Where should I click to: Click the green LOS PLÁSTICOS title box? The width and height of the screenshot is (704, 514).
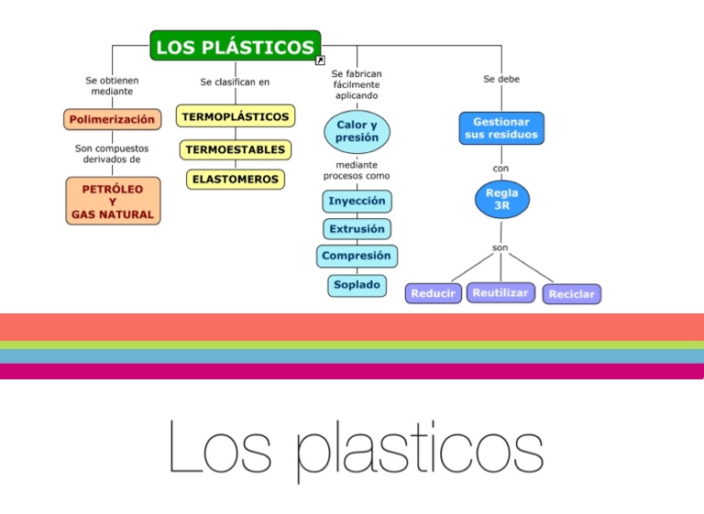[235, 47]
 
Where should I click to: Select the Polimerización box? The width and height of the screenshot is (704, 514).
[112, 120]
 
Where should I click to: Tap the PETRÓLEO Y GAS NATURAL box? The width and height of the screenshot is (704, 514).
[113, 201]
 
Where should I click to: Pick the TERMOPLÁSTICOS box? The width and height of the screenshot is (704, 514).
[235, 117]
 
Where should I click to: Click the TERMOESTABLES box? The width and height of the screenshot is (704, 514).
[235, 149]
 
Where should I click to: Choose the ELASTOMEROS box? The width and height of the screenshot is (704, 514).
[236, 180]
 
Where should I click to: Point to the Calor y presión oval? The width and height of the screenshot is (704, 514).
[357, 131]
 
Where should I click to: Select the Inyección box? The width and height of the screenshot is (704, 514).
[357, 201]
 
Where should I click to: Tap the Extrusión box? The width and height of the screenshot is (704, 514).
[357, 228]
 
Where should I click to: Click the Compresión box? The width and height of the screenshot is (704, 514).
[357, 257]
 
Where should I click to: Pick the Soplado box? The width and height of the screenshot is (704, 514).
[357, 285]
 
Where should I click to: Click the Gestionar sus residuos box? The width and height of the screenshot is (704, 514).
[500, 128]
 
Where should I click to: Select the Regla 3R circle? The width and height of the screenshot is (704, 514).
[501, 200]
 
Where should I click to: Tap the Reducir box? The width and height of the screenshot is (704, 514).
[433, 293]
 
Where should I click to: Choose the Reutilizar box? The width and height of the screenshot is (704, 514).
[500, 292]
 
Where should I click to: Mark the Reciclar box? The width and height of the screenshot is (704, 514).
[572, 294]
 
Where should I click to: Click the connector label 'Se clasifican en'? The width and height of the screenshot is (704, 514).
[235, 82]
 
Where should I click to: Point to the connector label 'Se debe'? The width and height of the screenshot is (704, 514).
[501, 80]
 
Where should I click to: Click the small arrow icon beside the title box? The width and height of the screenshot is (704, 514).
[319, 60]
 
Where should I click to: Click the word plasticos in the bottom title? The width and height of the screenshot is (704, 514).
[420, 449]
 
